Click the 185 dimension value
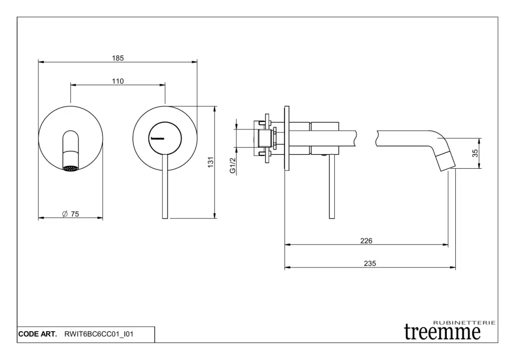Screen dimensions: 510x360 [x=118, y=58]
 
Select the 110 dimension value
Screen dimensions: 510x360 [x=118, y=81]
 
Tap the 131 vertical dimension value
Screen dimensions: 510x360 [x=211, y=162]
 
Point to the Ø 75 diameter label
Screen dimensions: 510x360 [x=71, y=214]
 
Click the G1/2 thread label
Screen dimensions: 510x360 [x=233, y=165]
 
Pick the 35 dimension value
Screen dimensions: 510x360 [x=475, y=153]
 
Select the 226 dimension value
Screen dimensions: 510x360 [x=366, y=240]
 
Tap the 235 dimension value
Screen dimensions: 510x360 [x=370, y=263]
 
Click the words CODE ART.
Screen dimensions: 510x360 [x=37, y=334]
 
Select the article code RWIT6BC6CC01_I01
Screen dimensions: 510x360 [x=99, y=334]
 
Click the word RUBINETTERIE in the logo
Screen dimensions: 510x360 [x=465, y=323]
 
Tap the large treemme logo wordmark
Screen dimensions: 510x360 [x=442, y=332]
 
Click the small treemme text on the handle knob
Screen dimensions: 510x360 [x=157, y=138]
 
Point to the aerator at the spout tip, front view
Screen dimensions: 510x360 [x=71, y=168]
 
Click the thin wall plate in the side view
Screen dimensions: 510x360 [x=286, y=138]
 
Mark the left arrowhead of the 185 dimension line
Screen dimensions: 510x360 [x=41, y=61]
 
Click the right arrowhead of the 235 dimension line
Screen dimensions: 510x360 [x=453, y=267]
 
